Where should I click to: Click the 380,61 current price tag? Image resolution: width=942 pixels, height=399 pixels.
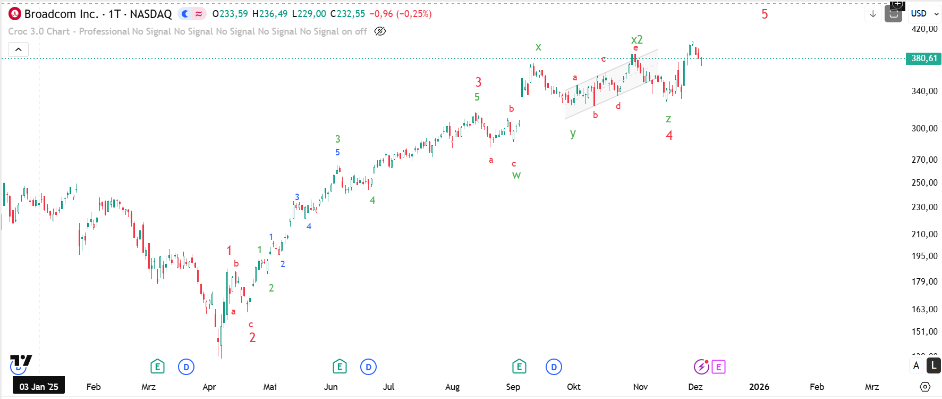(924, 59)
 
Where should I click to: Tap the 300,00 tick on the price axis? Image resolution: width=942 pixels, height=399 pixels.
(924, 128)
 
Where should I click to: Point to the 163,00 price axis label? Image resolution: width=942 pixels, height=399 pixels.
(924, 309)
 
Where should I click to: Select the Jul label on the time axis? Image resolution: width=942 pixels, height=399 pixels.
(388, 387)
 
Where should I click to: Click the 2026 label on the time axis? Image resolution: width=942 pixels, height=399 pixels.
(759, 387)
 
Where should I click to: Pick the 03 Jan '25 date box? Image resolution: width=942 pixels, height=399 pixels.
(39, 387)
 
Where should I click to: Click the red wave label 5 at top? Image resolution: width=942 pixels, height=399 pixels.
(765, 14)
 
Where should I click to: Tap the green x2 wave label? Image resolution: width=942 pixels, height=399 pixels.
(637, 39)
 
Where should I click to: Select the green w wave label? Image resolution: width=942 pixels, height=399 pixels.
(516, 175)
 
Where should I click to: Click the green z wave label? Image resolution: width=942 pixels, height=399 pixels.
(668, 119)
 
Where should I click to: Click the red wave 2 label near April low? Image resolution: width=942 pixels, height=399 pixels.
(252, 338)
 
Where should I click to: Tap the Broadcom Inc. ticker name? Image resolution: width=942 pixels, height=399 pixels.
(61, 14)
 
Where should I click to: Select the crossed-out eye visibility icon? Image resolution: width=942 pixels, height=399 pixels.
(380, 31)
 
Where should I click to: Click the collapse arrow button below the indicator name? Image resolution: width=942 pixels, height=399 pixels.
(18, 49)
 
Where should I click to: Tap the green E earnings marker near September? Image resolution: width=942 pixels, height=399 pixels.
(519, 367)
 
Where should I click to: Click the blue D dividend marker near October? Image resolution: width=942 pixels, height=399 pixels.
(554, 367)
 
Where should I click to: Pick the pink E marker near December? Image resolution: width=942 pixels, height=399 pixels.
(718, 367)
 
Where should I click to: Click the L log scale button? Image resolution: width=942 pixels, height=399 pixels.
(933, 365)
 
